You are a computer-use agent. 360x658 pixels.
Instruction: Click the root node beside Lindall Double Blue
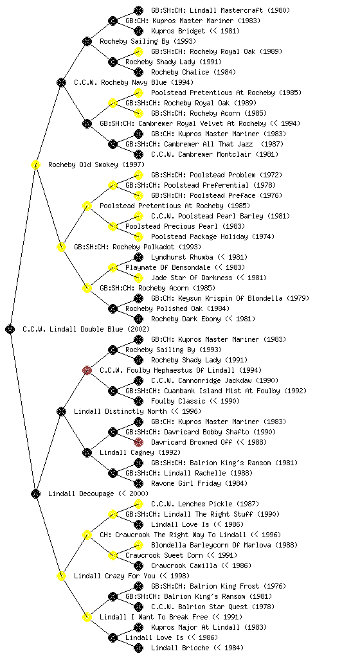(x=10, y=329)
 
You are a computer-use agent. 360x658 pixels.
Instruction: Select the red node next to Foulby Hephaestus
(x=87, y=370)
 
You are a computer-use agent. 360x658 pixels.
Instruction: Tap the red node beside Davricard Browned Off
(x=138, y=442)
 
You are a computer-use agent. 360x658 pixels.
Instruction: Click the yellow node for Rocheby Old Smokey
(x=35, y=164)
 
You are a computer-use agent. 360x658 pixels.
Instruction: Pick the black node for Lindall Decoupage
(x=35, y=493)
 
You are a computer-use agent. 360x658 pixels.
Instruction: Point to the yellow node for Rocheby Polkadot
(x=61, y=247)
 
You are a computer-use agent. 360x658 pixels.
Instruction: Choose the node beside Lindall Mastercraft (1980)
(x=138, y=10)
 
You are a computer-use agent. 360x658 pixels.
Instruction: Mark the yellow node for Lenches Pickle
(x=138, y=504)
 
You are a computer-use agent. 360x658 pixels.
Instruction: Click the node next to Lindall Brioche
(x=138, y=648)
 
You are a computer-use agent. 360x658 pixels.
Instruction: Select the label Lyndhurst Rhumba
(x=182, y=257)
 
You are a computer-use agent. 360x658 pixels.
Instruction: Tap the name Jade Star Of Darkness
(x=192, y=278)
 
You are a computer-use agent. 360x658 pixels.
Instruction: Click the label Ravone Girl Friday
(x=186, y=483)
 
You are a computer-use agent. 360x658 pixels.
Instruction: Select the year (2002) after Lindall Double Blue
(x=138, y=329)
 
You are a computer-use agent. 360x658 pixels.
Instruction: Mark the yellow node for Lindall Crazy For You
(x=61, y=576)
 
